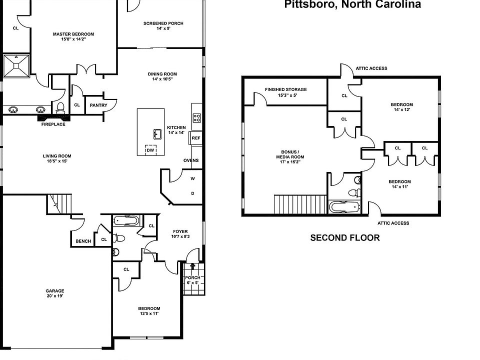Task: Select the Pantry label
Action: pyautogui.click(x=98, y=105)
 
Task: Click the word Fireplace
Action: pyautogui.click(x=53, y=124)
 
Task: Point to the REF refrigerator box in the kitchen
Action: pyautogui.click(x=195, y=138)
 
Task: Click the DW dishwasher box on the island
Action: pyautogui.click(x=150, y=150)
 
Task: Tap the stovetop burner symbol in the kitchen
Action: pyautogui.click(x=197, y=118)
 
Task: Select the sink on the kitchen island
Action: pyautogui.click(x=157, y=134)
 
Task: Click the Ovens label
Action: pyautogui.click(x=191, y=160)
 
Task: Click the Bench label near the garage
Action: pyautogui.click(x=83, y=241)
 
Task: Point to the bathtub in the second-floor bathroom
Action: pyautogui.click(x=344, y=206)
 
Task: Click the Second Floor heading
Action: pyautogui.click(x=345, y=237)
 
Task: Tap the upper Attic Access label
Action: pyautogui.click(x=371, y=68)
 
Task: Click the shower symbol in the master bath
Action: pyautogui.click(x=16, y=65)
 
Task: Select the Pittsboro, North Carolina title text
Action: pyautogui.click(x=352, y=5)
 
